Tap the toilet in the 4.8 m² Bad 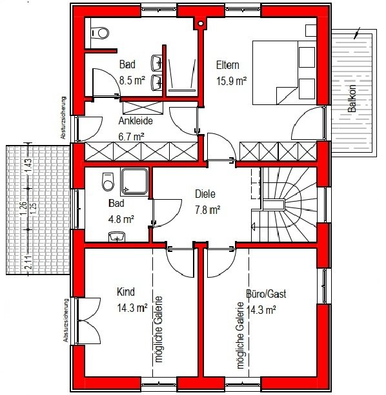pos(108,182)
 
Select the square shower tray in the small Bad pos(134,181)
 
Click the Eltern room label pos(228,65)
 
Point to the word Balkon pos(352,99)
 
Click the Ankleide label pos(136,121)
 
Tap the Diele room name pos(205,194)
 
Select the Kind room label pos(126,292)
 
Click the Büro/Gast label pos(266,294)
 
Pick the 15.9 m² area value pos(231,81)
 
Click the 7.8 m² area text pos(208,210)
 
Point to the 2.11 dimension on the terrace pos(29,262)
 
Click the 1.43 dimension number pos(28,165)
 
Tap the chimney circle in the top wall pos(201,23)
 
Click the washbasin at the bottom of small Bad pos(117,236)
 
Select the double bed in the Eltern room pos(284,73)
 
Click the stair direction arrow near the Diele pos(254,226)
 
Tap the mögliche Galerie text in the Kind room pos(159,329)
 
